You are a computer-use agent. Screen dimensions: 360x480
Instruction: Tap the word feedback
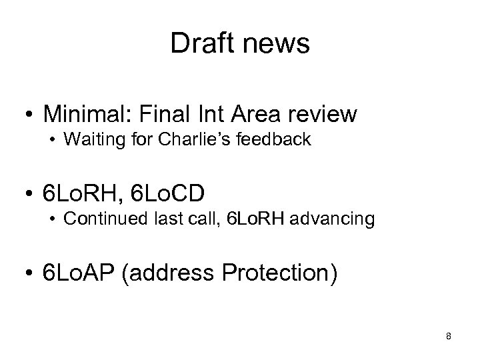[x=278, y=141]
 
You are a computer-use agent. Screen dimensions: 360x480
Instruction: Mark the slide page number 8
[x=449, y=336]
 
